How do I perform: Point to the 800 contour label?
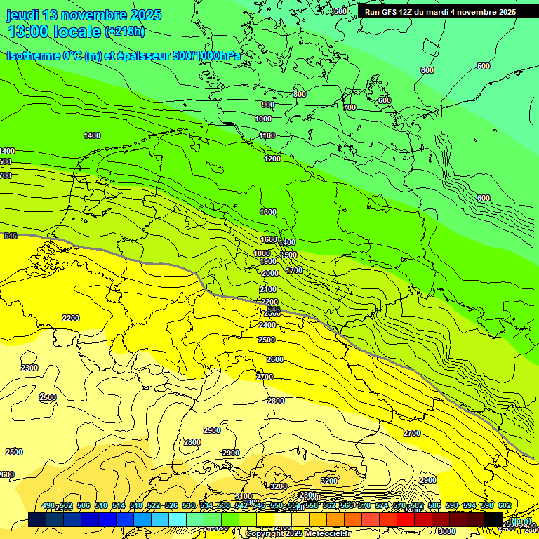300,94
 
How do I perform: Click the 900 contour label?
267,105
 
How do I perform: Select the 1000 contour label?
263,119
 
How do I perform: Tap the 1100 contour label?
267,135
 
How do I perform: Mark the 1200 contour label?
272,159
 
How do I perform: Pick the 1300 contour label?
268,212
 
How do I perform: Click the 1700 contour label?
294,270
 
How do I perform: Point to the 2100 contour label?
267,289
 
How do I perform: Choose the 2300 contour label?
29,368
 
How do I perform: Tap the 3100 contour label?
243,496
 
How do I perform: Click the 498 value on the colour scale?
48,506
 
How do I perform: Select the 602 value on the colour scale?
504,506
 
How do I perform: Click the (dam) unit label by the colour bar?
519,520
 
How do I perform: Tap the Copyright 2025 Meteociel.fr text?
298,534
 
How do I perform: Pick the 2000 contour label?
270,273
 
